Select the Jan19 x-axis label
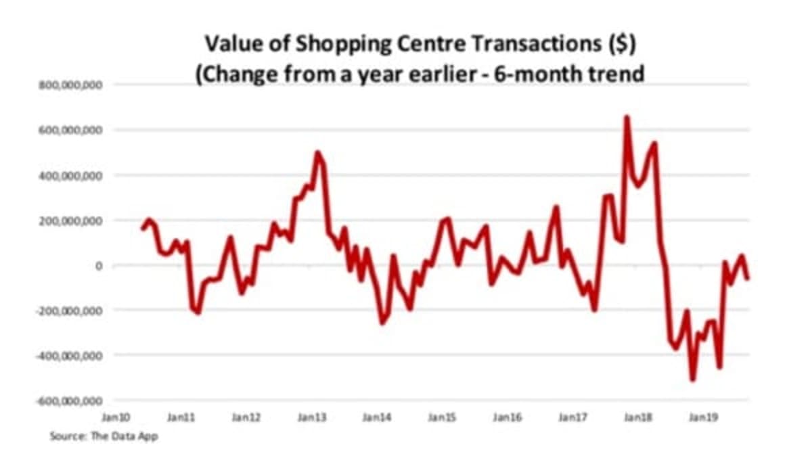[704, 419]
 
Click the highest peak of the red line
[627, 117]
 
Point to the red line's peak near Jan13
[317, 152]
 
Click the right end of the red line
[748, 278]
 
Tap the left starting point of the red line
[142, 229]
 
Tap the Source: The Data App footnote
[104, 436]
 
